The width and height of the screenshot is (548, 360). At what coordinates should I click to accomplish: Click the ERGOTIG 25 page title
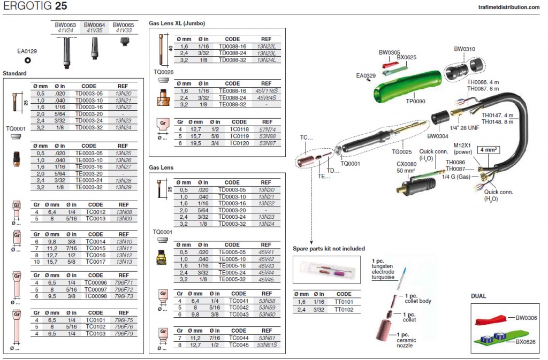[35, 5]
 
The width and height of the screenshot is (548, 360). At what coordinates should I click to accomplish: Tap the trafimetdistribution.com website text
[508, 7]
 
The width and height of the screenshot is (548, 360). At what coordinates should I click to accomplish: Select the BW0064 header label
[94, 25]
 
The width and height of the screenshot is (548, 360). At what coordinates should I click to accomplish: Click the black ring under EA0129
[27, 60]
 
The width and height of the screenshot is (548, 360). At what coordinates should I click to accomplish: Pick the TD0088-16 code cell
[232, 47]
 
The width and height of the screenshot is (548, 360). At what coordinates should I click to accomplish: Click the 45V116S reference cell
[266, 91]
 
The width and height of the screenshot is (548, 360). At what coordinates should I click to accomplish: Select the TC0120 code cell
[239, 143]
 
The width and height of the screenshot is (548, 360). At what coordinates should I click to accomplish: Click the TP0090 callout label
[415, 102]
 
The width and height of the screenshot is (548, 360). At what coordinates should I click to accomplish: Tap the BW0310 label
[465, 49]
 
